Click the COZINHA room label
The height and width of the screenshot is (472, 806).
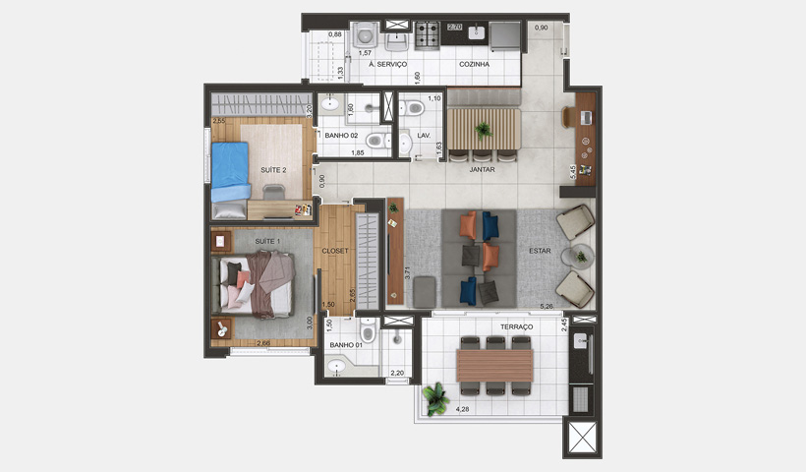pos(474,64)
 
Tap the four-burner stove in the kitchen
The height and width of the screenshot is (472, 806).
pos(428,35)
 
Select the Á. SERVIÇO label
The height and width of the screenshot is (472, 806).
pos(387,64)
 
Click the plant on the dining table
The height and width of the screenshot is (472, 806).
pos(482,129)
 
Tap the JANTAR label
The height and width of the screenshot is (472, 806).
pos(482,169)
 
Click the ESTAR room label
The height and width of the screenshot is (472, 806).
pos(539,251)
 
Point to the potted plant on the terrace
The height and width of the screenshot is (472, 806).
pos(433,397)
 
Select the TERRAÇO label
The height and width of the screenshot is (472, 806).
pos(516,326)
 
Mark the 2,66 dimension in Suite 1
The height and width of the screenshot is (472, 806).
pos(263,343)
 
